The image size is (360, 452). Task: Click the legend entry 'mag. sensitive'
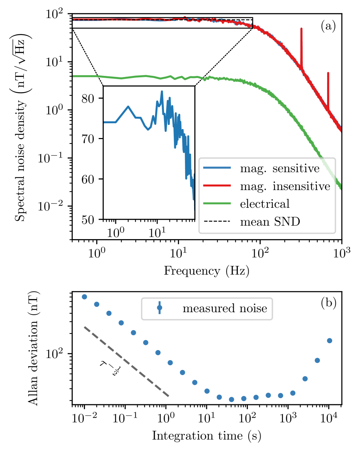tap(280, 168)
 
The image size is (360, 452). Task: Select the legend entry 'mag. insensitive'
tap(285, 186)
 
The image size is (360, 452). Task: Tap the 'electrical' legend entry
tap(265, 204)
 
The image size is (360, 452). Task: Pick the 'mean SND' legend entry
tap(270, 221)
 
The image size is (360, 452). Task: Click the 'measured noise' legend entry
tap(224, 308)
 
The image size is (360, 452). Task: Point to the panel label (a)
tap(328, 26)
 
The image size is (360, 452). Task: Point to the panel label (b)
tap(328, 302)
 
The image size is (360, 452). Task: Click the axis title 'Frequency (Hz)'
tap(207, 271)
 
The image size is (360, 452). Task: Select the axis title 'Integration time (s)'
tap(206, 436)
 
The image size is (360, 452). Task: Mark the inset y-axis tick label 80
tap(88, 98)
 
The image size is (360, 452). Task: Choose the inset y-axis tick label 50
tap(88, 220)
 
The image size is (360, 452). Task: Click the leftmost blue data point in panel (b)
tap(85, 297)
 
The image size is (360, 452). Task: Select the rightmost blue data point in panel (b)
tap(329, 341)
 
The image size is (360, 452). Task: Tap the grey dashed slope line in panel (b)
tap(127, 361)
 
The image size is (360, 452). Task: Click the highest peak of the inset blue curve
tap(162, 91)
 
